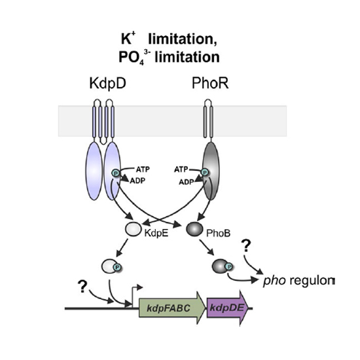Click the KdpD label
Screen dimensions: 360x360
(108, 84)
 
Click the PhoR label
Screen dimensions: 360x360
(210, 83)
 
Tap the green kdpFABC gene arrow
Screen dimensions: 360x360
(172, 308)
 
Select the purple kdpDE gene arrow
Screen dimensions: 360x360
(228, 308)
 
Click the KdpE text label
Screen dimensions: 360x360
(156, 233)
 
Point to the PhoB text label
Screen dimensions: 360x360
(218, 233)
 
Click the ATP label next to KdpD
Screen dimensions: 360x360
(143, 170)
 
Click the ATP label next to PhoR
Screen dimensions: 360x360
(181, 170)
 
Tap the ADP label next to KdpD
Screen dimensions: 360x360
(137, 181)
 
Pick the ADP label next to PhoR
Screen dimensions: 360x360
(187, 182)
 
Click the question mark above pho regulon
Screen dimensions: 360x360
(246, 245)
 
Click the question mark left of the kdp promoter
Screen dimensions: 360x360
(82, 286)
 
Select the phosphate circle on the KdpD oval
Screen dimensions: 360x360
(116, 173)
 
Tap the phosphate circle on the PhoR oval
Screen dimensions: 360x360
(204, 172)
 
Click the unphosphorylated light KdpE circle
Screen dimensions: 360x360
(133, 229)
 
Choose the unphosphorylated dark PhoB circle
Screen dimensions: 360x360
(194, 228)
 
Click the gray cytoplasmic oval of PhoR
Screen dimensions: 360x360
(211, 171)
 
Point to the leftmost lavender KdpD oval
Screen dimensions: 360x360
(94, 171)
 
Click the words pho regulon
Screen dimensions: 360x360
(298, 281)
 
